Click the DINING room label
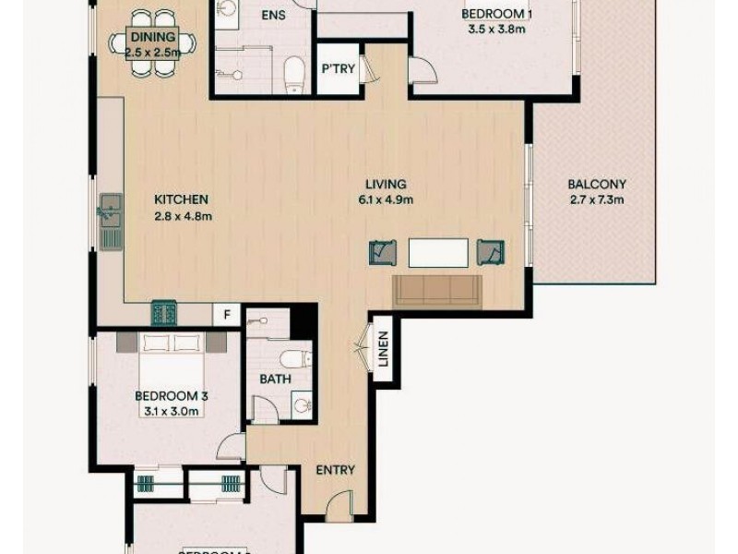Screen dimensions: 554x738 [152, 36]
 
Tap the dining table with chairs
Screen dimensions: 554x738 [152, 42]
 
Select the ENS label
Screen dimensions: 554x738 [273, 16]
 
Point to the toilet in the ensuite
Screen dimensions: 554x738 [294, 74]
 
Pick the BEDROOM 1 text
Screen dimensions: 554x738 [497, 14]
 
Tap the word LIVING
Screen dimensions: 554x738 [385, 184]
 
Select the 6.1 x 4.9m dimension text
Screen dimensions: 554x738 [385, 199]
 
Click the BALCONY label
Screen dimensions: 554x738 [596, 184]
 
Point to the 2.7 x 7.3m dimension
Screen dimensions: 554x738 [596, 199]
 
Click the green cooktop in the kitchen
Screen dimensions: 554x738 [164, 313]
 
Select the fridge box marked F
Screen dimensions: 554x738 [227, 314]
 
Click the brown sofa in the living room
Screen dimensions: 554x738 [436, 290]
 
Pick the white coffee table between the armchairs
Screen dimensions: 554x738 [437, 252]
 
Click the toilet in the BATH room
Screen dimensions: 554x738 [297, 358]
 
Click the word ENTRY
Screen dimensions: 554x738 [335, 470]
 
